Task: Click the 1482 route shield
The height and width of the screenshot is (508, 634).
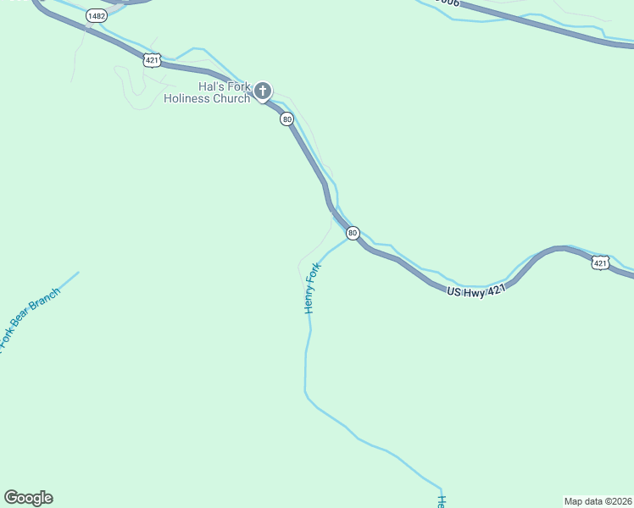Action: point(97,16)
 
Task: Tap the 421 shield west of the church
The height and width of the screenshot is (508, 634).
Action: point(152,59)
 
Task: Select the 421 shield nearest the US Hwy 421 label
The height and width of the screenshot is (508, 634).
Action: point(600,263)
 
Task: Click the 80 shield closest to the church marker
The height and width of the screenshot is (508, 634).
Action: point(287,119)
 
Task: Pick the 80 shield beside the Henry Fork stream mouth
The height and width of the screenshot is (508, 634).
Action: point(353,233)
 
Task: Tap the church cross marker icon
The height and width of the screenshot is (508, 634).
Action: point(263,91)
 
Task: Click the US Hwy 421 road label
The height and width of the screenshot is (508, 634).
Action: point(475,290)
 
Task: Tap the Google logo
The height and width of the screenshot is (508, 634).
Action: point(28,498)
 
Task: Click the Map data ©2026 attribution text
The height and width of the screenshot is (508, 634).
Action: point(597,500)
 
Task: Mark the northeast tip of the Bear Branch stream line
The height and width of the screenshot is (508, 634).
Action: point(79,272)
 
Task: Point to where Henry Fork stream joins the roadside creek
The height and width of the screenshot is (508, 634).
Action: point(348,240)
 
